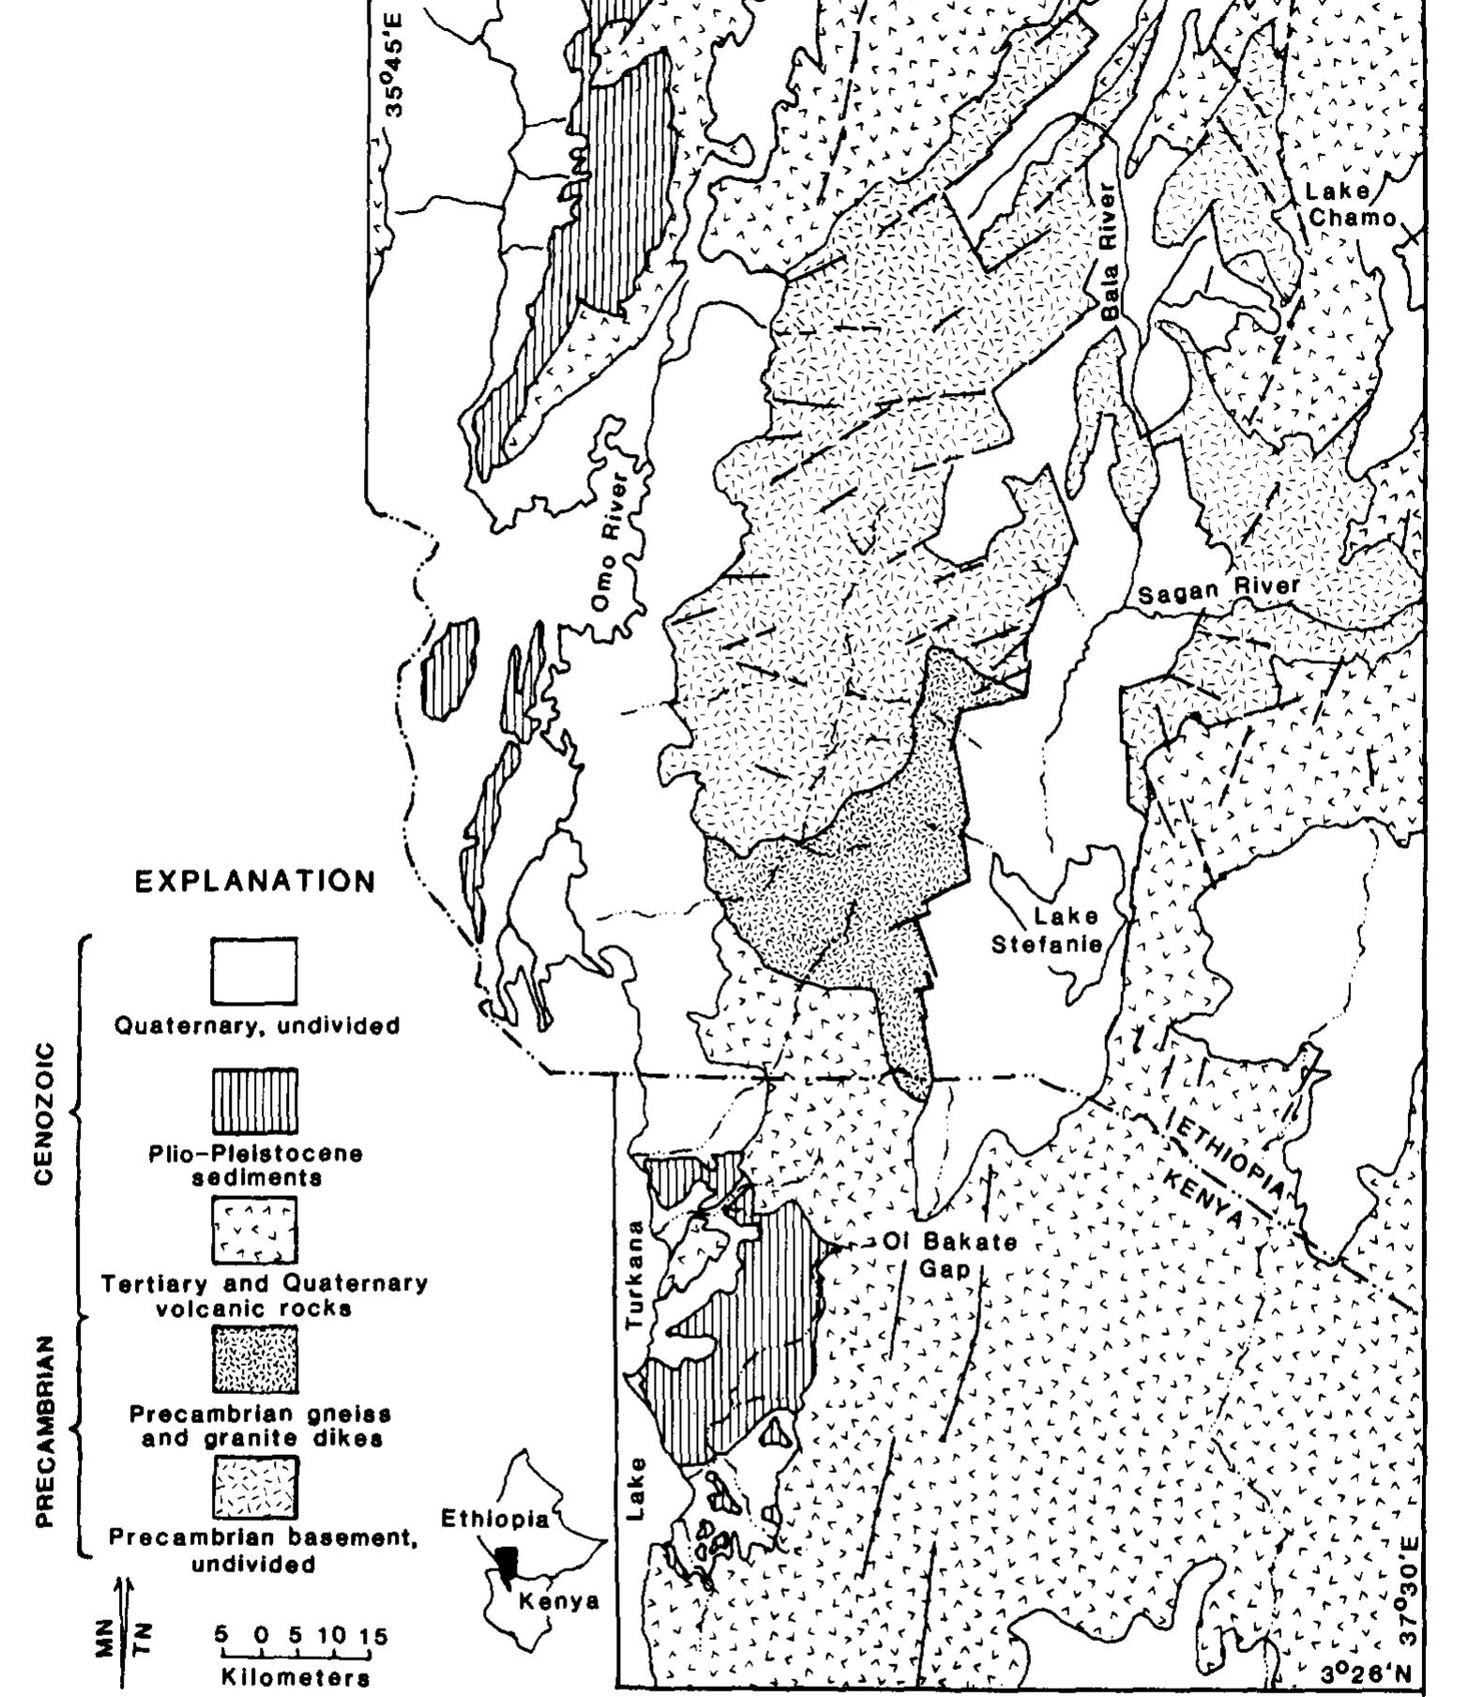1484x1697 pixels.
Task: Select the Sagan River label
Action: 1219,591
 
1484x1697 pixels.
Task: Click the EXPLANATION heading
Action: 255,882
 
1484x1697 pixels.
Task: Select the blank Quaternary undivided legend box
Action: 253,971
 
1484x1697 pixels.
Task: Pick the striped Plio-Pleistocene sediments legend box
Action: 253,1101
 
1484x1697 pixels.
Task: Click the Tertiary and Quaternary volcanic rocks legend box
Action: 253,1230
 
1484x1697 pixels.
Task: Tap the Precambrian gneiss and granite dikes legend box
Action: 253,1358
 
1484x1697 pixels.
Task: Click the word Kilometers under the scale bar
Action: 295,1676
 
